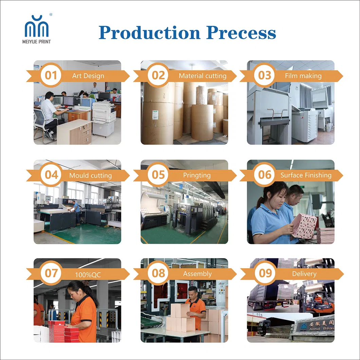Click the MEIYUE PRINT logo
pyautogui.click(x=37, y=29)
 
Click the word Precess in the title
pyautogui.click(x=241, y=33)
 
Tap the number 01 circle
pyautogui.click(x=51, y=75)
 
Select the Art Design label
pyautogui.click(x=88, y=76)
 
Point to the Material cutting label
pyautogui.click(x=202, y=76)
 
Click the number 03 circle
pyautogui.click(x=265, y=75)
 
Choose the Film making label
pyautogui.click(x=303, y=76)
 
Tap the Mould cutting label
pyautogui.click(x=90, y=176)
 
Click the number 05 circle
pyautogui.click(x=158, y=175)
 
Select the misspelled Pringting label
pyautogui.click(x=197, y=175)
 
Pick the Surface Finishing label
pyautogui.click(x=306, y=175)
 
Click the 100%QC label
pyautogui.click(x=88, y=275)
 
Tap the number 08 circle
pyautogui.click(x=158, y=273)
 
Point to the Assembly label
pyautogui.click(x=197, y=274)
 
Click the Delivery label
pyautogui.click(x=304, y=274)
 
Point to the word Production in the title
pyautogui.click(x=150, y=33)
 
